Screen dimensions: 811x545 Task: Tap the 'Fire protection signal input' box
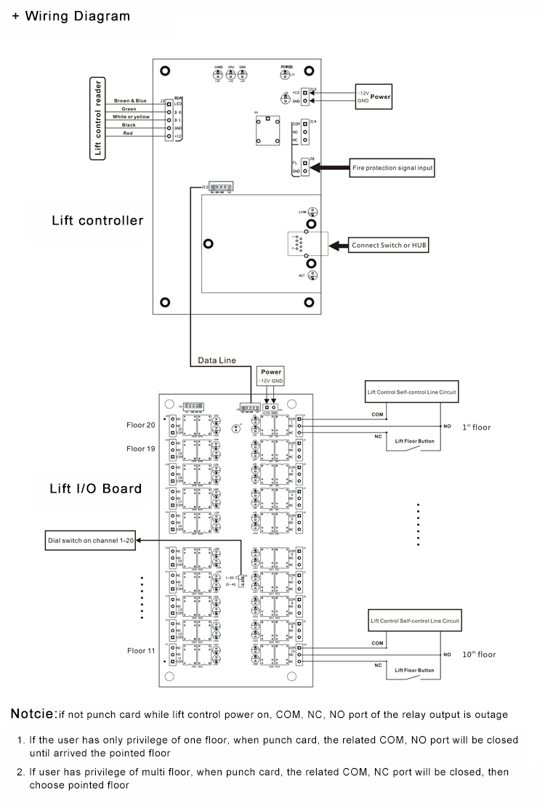tap(392, 168)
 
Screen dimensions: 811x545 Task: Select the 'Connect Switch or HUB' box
tap(389, 246)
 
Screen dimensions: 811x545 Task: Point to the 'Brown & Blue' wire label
tap(130, 100)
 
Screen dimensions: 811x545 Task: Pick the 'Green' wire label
tap(129, 109)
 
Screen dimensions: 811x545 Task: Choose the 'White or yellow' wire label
tap(131, 117)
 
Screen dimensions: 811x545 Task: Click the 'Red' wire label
tap(129, 134)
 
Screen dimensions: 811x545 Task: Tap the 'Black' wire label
tap(129, 125)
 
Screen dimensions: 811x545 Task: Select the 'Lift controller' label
tap(97, 220)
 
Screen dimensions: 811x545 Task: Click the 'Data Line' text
tap(217, 360)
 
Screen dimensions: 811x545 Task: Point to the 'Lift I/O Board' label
tap(95, 488)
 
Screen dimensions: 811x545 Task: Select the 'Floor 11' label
tap(140, 650)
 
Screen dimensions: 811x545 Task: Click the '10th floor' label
tap(479, 654)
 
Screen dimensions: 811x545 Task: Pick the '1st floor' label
tap(476, 427)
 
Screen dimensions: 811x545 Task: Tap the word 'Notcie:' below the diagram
tap(33, 714)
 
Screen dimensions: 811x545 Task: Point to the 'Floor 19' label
tap(140, 448)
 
